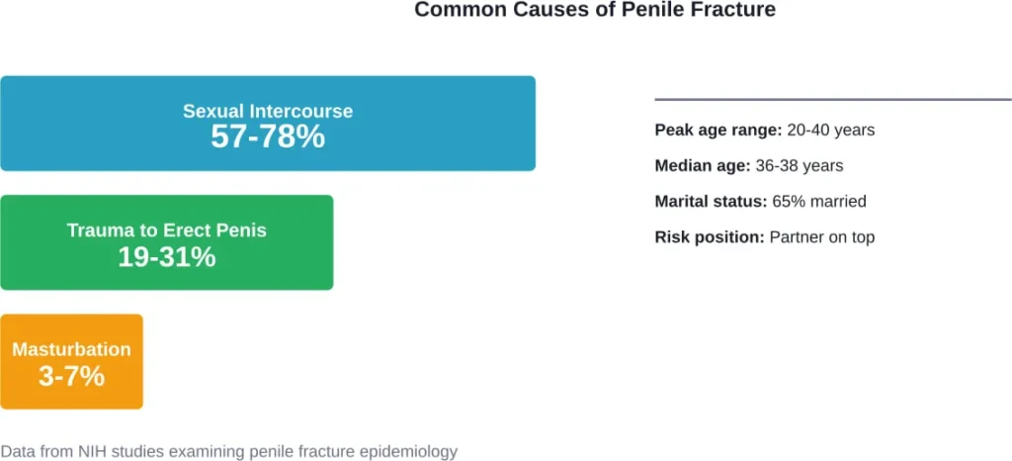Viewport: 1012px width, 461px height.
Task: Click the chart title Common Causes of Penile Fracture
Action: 595,10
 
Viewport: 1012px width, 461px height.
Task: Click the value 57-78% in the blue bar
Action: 268,138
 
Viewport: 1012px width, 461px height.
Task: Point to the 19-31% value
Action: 166,257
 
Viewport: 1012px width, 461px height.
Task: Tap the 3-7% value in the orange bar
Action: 71,376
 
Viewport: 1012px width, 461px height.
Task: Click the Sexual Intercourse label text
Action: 268,111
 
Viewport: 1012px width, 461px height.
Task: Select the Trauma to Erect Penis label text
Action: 166,230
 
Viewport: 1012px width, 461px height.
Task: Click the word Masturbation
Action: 71,349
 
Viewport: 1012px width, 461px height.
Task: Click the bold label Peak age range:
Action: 718,131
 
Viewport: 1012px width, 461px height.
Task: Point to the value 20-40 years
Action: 831,131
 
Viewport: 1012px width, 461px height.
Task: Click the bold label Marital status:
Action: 711,202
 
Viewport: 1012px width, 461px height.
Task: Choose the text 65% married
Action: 819,202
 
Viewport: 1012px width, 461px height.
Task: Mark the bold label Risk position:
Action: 710,237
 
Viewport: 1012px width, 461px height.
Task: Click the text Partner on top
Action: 822,237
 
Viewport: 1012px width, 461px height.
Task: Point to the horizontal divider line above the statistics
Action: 833,99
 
